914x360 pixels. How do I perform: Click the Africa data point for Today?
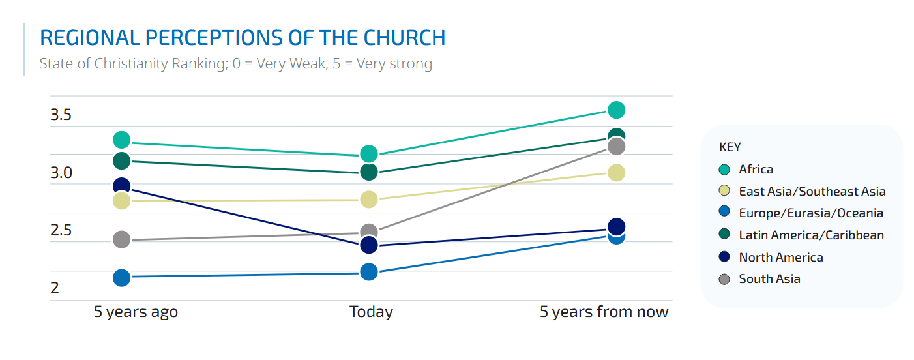pos(369,154)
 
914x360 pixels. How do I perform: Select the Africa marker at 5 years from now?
pos(616,110)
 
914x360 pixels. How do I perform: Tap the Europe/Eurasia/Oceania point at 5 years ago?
pos(122,277)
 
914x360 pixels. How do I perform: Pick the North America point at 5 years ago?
pos(122,186)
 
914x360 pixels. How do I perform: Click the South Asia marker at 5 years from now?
pos(616,147)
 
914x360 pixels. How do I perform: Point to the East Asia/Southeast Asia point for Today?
pos(369,199)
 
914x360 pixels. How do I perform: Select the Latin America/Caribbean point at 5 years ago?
pos(122,160)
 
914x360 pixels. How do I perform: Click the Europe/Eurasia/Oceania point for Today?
pos(369,271)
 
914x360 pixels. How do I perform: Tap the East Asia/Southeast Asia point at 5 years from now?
pos(616,172)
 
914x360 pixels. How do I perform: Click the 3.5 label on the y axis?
pos(61,116)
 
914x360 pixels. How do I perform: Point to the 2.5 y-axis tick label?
pos(61,231)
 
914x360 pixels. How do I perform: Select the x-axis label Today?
pos(371,312)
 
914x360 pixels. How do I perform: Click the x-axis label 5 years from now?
pos(604,312)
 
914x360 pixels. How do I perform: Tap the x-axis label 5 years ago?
pos(136,312)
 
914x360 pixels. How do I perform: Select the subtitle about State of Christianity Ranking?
pos(235,64)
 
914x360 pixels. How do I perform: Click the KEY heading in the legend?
pos(730,147)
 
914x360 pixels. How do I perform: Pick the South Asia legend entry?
pos(769,279)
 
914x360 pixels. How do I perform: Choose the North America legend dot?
pos(724,258)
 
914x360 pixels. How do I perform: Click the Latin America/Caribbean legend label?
pos(811,235)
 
